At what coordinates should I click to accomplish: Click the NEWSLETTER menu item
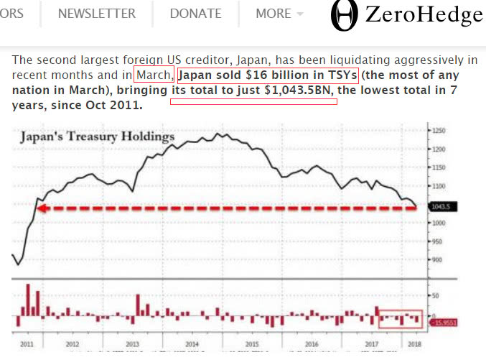[x=96, y=14]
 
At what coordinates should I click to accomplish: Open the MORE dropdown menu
[x=279, y=14]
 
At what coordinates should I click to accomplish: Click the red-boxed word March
[x=154, y=75]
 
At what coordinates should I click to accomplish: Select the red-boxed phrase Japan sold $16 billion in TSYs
[x=267, y=75]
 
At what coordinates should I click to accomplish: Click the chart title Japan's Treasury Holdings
[x=97, y=136]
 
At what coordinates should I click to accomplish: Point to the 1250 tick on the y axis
[x=439, y=131]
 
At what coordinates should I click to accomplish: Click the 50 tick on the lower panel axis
[x=434, y=295]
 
